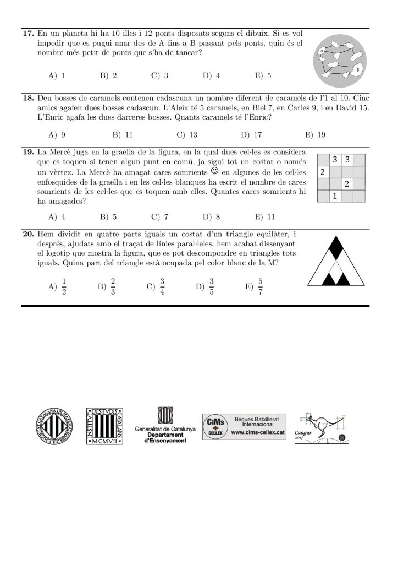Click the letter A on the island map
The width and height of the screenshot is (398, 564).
click(322, 50)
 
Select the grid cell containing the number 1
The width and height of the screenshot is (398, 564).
click(335, 196)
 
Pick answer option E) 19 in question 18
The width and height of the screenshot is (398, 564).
click(314, 134)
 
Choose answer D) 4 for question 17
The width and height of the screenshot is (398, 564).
click(211, 76)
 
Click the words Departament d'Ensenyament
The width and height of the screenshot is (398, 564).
click(162, 437)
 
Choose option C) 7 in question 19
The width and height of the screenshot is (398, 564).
click(159, 216)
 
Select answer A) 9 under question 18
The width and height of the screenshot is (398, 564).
click(57, 134)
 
